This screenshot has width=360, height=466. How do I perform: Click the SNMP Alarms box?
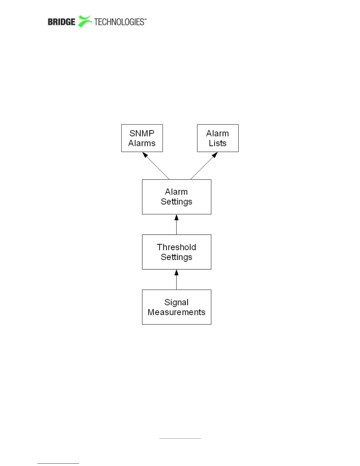(x=142, y=138)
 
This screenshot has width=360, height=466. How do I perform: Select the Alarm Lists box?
(x=218, y=138)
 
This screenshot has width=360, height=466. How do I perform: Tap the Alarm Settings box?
(x=176, y=197)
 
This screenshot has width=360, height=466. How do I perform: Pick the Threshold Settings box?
(x=176, y=252)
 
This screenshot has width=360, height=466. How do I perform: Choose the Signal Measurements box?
(x=176, y=307)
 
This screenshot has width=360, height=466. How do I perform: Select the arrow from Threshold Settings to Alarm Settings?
(x=176, y=225)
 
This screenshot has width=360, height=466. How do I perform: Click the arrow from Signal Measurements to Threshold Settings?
(x=176, y=280)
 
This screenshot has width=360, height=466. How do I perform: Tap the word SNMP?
(x=142, y=133)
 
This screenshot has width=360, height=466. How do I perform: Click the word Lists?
(x=218, y=143)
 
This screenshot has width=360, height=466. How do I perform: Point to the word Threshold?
(x=176, y=247)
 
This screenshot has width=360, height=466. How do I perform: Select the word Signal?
(x=176, y=302)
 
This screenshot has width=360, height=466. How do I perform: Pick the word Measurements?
(x=176, y=312)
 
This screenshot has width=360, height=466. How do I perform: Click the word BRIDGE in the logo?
(x=61, y=22)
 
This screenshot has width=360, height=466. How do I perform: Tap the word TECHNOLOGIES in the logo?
(x=119, y=22)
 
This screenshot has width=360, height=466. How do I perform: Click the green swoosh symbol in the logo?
(x=85, y=21)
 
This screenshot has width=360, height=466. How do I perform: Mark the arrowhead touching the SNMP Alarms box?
(x=145, y=155)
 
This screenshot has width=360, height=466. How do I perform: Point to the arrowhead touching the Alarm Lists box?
(x=215, y=155)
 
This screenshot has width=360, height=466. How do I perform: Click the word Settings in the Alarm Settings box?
(x=176, y=202)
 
